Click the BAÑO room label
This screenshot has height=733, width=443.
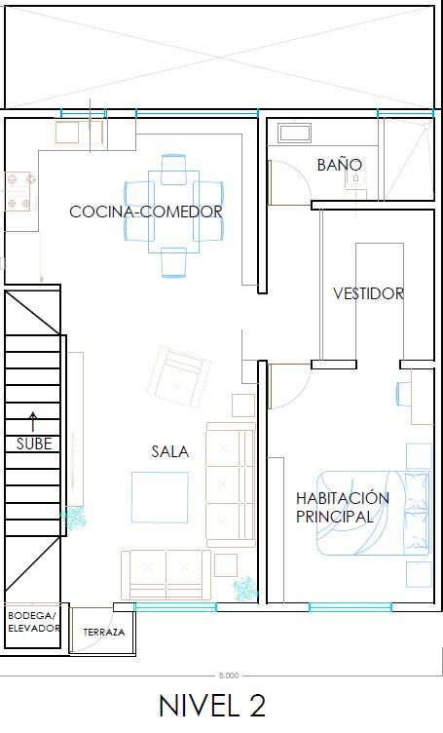340,164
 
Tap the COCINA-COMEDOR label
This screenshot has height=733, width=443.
146,212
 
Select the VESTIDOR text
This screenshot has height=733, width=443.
368,293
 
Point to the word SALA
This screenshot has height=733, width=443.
170,451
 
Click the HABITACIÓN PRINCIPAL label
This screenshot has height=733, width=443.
342,507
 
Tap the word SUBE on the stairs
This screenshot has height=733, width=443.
34,444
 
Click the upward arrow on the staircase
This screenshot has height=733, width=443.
33,422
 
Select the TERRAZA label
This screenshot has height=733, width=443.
103,632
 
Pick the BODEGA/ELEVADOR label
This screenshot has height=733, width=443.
34,622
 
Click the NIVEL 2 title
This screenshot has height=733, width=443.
212,706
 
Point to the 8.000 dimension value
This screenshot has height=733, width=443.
228,675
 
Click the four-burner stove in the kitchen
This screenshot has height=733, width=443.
21,191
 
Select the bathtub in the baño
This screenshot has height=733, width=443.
295,133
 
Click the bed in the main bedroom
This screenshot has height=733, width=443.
373,513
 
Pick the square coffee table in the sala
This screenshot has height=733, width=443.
160,497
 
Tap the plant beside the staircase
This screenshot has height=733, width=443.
74,517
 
